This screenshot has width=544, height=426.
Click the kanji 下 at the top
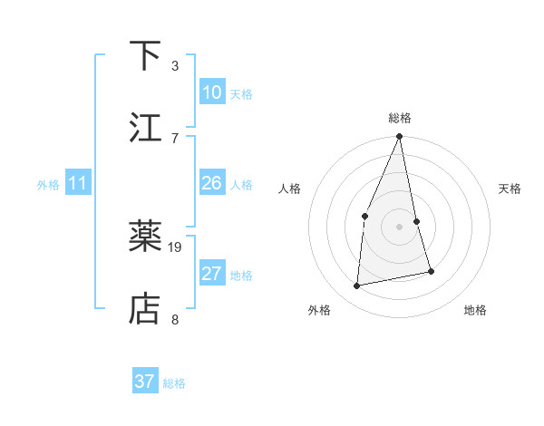(x=145, y=56)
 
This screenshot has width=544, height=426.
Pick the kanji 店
(x=145, y=309)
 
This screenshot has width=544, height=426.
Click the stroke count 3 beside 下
(x=175, y=66)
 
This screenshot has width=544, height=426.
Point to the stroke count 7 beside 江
(x=175, y=138)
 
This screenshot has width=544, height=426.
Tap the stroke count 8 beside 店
(x=175, y=319)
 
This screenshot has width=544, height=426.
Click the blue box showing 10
(x=212, y=92)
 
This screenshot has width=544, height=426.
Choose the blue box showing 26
(x=212, y=183)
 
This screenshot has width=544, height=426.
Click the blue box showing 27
(x=212, y=274)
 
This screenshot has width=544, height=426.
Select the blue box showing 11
(x=78, y=183)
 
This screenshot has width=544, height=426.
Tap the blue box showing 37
(x=145, y=382)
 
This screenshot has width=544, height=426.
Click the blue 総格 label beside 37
(x=174, y=383)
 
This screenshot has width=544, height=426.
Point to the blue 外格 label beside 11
(x=48, y=185)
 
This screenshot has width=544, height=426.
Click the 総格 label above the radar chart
(x=399, y=118)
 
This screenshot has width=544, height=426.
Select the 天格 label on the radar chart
(x=510, y=189)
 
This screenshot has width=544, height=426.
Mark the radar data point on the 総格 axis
(x=399, y=137)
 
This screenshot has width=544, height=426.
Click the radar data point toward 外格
(x=357, y=286)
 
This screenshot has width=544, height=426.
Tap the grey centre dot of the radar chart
(x=399, y=226)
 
